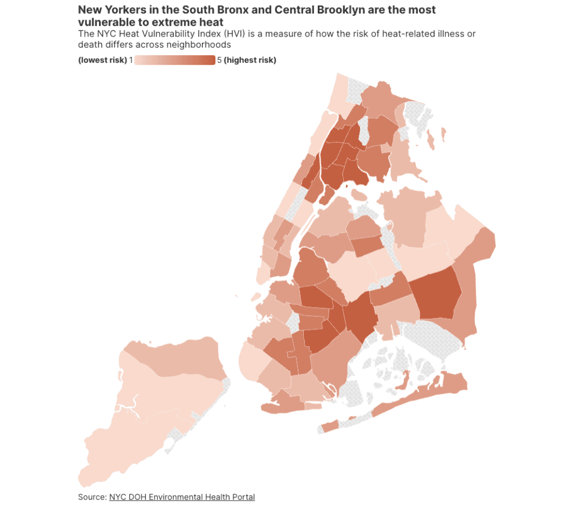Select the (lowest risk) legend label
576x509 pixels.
coord(102,60)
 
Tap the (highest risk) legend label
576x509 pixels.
coord(250,60)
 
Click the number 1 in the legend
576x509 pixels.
coord(130,60)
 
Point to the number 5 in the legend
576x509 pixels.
coord(219,60)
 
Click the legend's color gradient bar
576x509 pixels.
coord(174,60)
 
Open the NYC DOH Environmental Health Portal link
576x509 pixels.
coord(182,497)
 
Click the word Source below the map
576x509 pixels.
coord(91,497)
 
